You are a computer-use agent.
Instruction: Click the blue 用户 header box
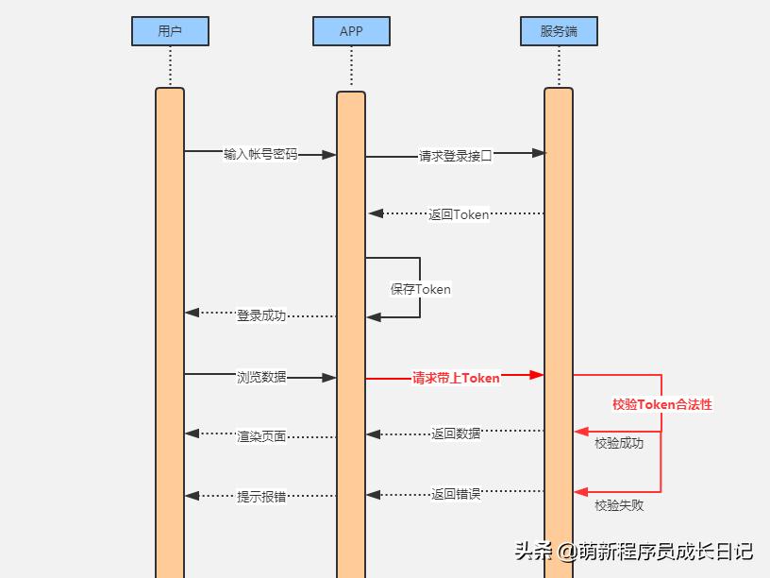click(x=170, y=31)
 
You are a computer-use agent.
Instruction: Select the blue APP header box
click(x=351, y=31)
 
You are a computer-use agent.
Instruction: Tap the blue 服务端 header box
click(x=559, y=31)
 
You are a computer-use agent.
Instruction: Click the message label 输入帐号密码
click(x=260, y=154)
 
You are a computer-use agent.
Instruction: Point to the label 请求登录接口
click(x=456, y=156)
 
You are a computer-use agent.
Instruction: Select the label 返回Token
click(x=459, y=214)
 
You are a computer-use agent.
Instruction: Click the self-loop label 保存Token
click(x=421, y=289)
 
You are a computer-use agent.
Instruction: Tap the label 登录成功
click(x=261, y=315)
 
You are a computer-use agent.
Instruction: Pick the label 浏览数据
click(x=261, y=377)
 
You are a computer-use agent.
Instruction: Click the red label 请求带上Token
click(x=456, y=378)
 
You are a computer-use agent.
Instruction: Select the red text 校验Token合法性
click(x=662, y=404)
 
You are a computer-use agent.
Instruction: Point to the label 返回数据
click(x=456, y=433)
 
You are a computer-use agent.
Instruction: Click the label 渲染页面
click(x=261, y=436)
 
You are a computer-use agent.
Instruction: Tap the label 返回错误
click(x=456, y=493)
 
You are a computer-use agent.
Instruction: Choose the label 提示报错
click(x=261, y=496)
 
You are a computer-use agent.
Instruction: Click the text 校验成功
click(x=619, y=443)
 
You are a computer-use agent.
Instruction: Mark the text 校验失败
click(x=619, y=505)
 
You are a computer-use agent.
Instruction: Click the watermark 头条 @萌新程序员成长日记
click(x=633, y=551)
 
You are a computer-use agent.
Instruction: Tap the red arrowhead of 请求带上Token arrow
click(x=537, y=375)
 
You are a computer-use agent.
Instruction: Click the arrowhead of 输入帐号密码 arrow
click(x=329, y=154)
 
